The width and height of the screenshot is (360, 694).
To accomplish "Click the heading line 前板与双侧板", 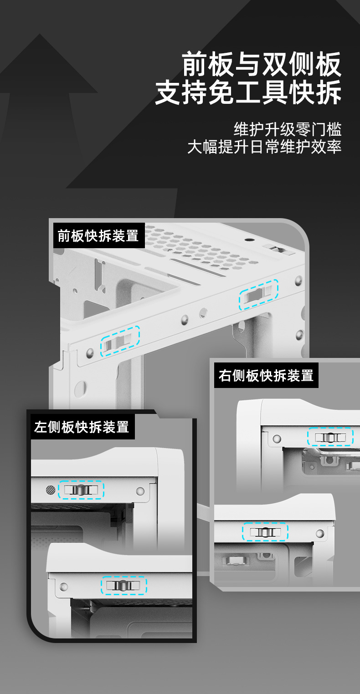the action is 262,64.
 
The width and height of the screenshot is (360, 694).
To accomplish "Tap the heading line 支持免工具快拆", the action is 248,92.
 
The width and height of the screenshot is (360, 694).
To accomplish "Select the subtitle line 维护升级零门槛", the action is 288,129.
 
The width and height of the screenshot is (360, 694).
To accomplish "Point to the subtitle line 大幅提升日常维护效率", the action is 264,147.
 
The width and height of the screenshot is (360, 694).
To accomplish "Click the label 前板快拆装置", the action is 98,236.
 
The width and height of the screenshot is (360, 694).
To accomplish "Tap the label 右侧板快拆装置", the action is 266,376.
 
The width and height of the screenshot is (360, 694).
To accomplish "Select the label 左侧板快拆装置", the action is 82,427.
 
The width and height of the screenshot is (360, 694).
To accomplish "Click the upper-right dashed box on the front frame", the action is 258,294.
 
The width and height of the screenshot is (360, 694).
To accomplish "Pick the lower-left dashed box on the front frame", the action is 120,341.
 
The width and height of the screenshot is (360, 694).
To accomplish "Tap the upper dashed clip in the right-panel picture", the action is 330,437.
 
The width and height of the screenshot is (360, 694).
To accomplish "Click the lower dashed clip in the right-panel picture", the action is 265,531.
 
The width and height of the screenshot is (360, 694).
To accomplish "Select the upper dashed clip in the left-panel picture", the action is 81,490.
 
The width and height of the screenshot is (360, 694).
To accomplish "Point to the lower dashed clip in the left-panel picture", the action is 123,585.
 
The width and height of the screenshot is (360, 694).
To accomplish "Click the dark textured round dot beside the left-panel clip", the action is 51,490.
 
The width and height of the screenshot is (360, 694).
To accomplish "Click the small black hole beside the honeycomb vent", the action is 248,240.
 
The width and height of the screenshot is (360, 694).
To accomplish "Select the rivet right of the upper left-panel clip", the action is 140,491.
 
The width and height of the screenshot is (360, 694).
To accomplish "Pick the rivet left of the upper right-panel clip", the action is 277,439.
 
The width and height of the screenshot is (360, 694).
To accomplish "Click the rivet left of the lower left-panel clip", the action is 63,587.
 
